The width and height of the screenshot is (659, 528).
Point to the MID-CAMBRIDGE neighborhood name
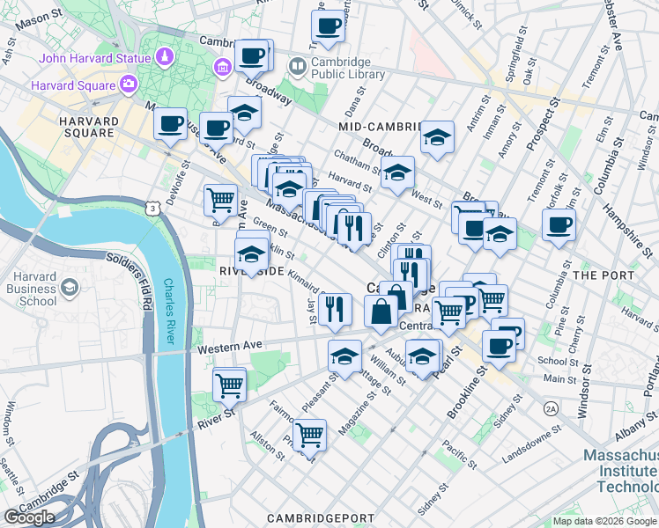(379, 127)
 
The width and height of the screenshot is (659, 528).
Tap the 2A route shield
(552, 408)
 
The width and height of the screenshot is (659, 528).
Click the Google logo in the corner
(30, 517)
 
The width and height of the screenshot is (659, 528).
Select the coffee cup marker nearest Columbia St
(558, 224)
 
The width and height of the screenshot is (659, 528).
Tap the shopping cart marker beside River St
(229, 384)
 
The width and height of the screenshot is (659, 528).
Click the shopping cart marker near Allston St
(309, 433)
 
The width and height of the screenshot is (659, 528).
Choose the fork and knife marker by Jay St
(335, 307)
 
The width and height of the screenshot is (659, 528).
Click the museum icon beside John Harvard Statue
(222, 67)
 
